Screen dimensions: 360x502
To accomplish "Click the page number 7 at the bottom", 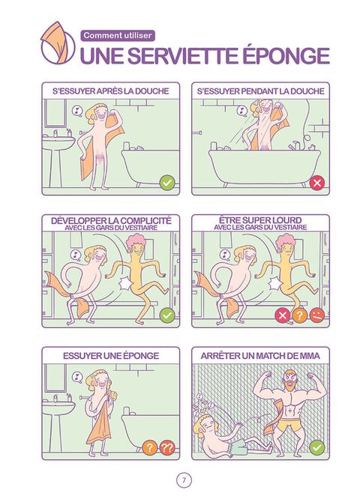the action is pos(184,480).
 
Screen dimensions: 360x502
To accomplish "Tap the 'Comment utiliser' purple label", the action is pos(118,35).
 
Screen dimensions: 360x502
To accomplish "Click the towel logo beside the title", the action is pos(58,43).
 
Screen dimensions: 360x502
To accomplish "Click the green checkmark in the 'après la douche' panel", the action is pos(167,184).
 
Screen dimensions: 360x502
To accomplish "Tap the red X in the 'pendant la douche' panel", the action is pos(317,183).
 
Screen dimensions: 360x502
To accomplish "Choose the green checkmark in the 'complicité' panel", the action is pos(167,315).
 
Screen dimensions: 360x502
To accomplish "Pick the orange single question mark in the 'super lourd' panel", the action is pos(299,315).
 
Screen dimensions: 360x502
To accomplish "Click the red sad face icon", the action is pos(316,315).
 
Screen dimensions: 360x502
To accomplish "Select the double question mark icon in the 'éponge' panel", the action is pos(166,447).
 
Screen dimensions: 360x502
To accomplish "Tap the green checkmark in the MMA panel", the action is pos(317,447).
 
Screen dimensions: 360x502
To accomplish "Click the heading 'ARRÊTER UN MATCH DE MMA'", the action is pos(260,356).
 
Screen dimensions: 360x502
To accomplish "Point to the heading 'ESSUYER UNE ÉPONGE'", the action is pos(111,356).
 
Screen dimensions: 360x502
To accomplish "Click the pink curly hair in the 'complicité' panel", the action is pos(136,241).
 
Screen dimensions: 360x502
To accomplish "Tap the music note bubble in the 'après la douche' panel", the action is pos(77,111).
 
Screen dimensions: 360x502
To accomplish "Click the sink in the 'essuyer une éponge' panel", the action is pos(58,408).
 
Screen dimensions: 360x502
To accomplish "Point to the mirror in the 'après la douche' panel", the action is pos(55,113).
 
